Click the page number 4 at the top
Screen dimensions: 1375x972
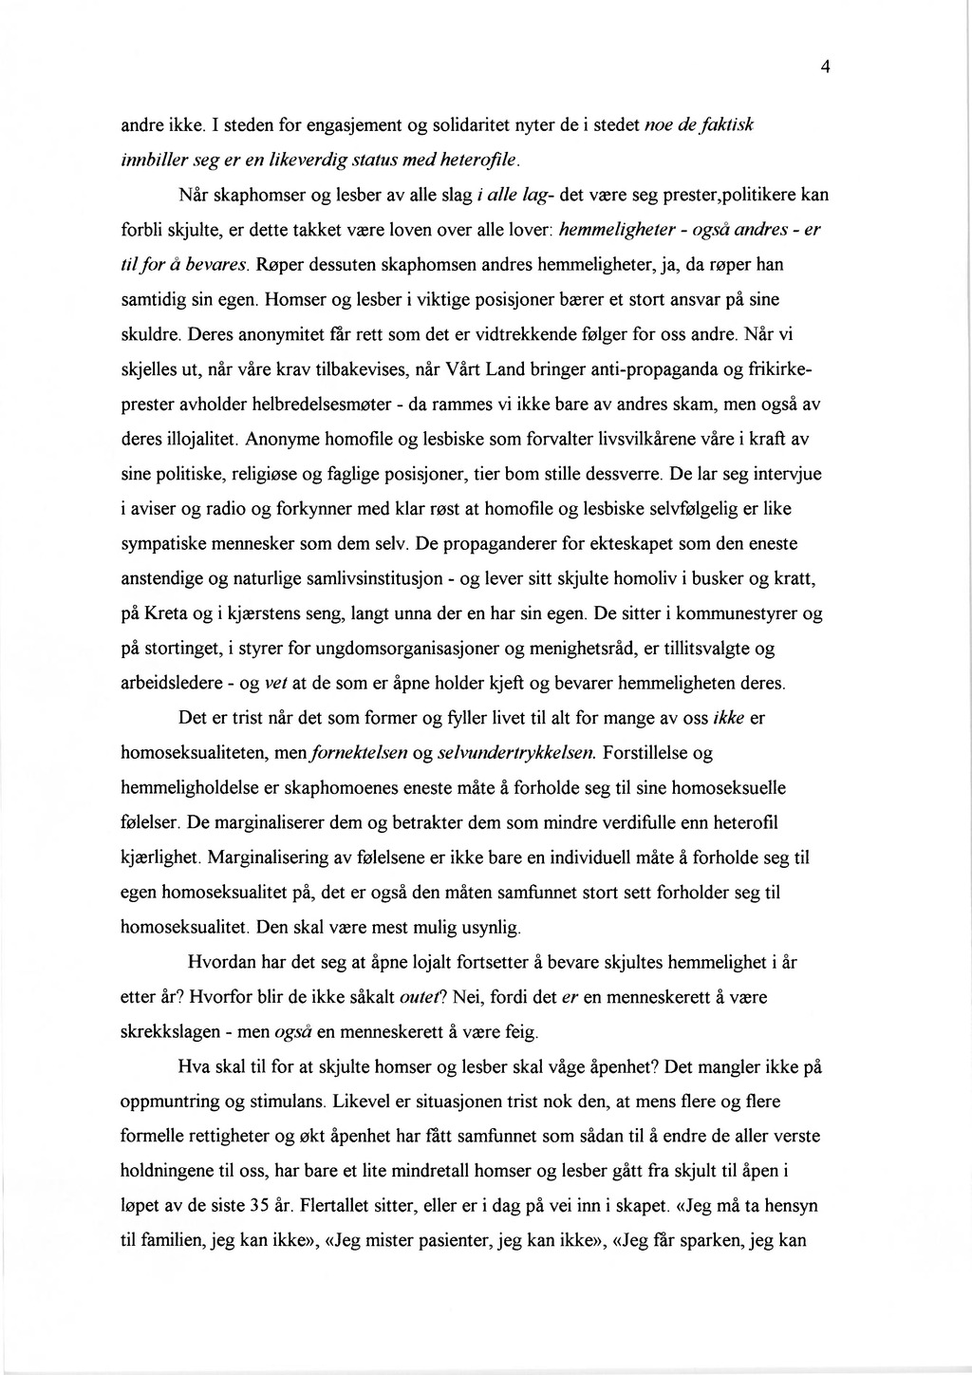point(826,66)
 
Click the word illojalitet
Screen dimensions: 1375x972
point(200,440)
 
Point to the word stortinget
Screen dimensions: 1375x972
point(190,650)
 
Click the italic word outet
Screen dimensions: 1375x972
point(424,998)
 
